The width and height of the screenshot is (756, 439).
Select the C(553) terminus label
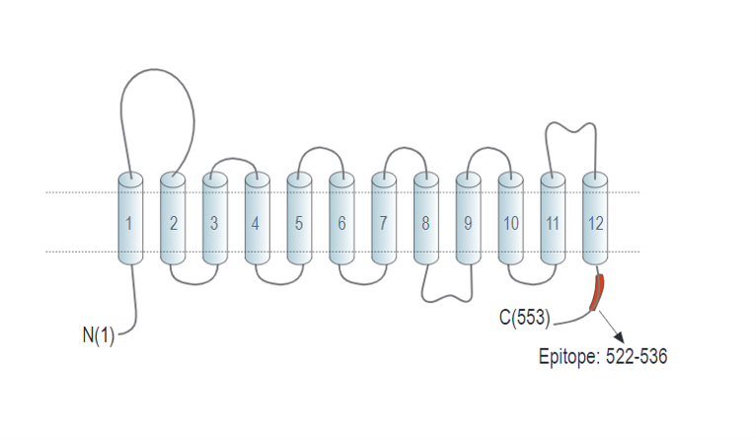tap(524, 319)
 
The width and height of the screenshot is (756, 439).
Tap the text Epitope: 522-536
tap(603, 356)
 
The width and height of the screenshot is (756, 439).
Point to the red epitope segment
tap(596, 294)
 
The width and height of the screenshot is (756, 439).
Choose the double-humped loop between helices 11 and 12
tap(572, 128)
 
